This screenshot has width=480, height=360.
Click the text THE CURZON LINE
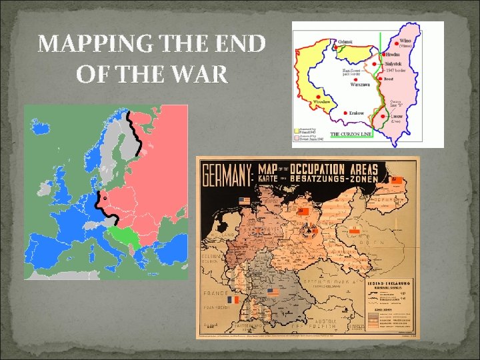coord(352,135)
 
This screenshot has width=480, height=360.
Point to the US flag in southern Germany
coord(272,293)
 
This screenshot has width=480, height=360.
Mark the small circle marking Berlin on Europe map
coord(103,199)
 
